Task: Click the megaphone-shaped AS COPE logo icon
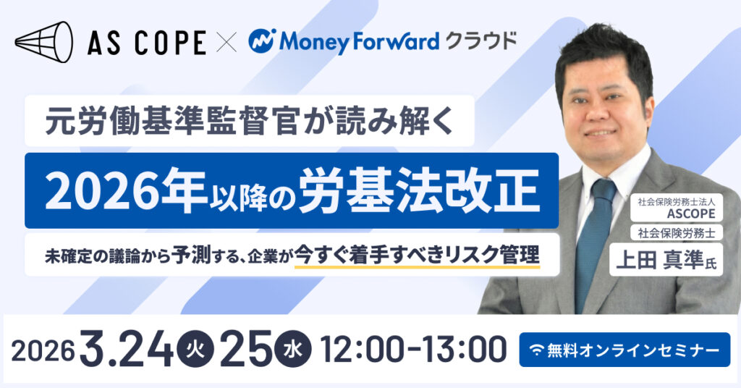[44, 41]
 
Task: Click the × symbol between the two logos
[226, 42]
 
